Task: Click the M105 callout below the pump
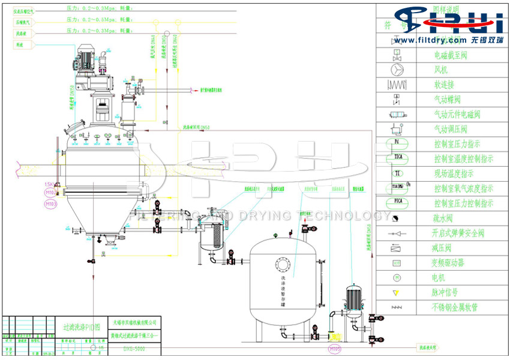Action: click(x=334, y=348)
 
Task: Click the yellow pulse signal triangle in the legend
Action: click(x=396, y=292)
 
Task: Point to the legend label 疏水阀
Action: click(x=445, y=218)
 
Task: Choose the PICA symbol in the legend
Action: click(x=396, y=203)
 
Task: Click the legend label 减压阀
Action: click(x=445, y=248)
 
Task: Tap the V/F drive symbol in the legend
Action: click(x=396, y=263)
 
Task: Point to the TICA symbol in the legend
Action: click(x=396, y=159)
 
